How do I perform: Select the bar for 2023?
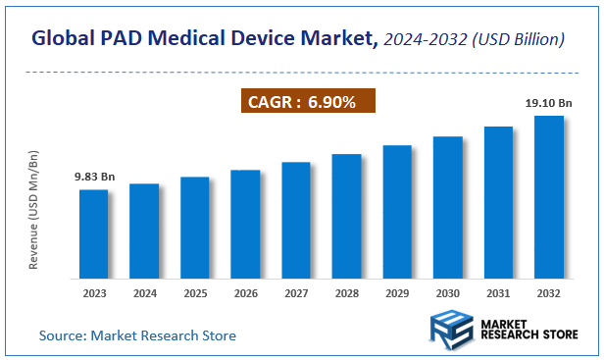93,233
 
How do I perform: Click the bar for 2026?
245,224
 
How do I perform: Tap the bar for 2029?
397,211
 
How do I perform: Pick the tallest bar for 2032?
548,196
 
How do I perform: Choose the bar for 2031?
498,202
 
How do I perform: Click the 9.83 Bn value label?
94,177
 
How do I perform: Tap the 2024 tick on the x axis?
144,292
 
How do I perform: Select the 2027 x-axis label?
296,292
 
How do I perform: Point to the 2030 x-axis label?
447,292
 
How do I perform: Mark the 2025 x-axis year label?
195,292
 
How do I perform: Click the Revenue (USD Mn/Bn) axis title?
33,211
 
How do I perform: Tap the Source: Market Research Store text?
137,335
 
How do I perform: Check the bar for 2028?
346,216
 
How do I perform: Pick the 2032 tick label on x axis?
548,292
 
